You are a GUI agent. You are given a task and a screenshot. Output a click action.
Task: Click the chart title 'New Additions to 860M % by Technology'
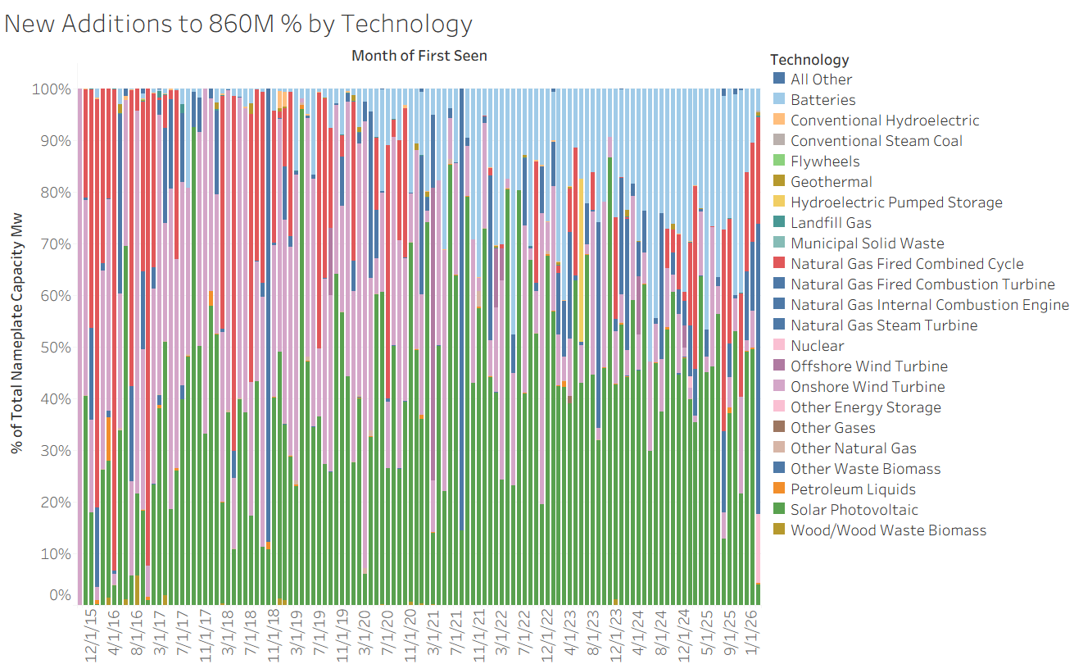(238, 24)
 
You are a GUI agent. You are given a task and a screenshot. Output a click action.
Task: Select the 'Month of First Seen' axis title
(419, 56)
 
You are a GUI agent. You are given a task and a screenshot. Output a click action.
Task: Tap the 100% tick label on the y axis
(52, 89)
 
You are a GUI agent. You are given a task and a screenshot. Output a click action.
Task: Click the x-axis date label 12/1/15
(93, 634)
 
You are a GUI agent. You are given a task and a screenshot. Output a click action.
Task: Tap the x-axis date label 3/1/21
(433, 634)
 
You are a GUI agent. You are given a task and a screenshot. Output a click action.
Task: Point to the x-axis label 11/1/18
(274, 634)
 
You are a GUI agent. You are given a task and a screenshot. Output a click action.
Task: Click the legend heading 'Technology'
(809, 60)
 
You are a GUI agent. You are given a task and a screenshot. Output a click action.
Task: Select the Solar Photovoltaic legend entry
(854, 510)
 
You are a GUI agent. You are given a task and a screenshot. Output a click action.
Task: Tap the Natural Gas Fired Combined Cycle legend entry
(906, 264)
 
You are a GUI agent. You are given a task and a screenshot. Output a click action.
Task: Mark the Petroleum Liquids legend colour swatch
(779, 489)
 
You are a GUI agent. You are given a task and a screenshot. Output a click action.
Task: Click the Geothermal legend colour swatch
(779, 182)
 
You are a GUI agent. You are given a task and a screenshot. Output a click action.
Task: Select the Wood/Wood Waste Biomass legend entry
(888, 530)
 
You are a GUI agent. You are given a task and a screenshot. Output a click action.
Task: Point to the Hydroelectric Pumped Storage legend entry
(895, 202)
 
